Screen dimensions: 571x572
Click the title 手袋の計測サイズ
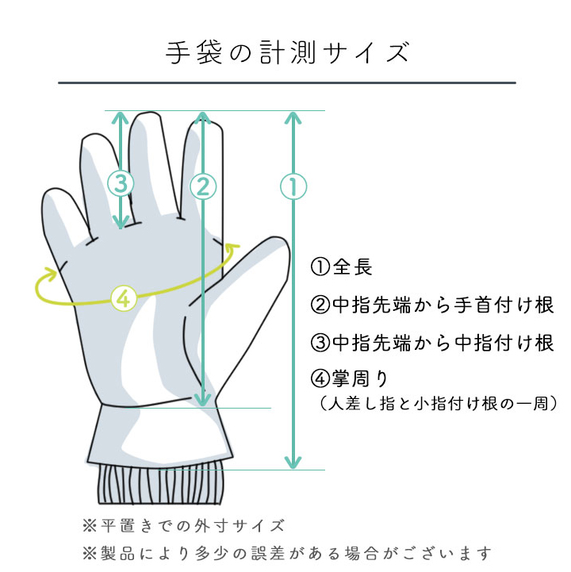[287, 53]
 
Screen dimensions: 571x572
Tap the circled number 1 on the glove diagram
[293, 186]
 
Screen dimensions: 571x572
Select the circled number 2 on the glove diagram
[203, 186]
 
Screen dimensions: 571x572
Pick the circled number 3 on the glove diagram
[121, 183]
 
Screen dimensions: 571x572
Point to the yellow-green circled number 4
[124, 298]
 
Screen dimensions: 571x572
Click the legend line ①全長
[341, 267]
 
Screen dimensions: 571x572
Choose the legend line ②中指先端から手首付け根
[432, 305]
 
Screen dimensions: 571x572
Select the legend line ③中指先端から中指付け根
[432, 343]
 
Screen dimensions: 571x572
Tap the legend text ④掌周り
[349, 378]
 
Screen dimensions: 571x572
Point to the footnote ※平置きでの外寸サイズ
[183, 526]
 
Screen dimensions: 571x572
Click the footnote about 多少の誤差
[287, 554]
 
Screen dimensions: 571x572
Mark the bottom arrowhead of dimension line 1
[293, 463]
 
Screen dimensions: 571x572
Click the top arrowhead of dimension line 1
[293, 118]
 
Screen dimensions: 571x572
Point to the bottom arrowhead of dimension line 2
[203, 400]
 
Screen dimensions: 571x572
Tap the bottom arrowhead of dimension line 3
[121, 222]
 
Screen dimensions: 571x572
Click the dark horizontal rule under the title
[287, 83]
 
